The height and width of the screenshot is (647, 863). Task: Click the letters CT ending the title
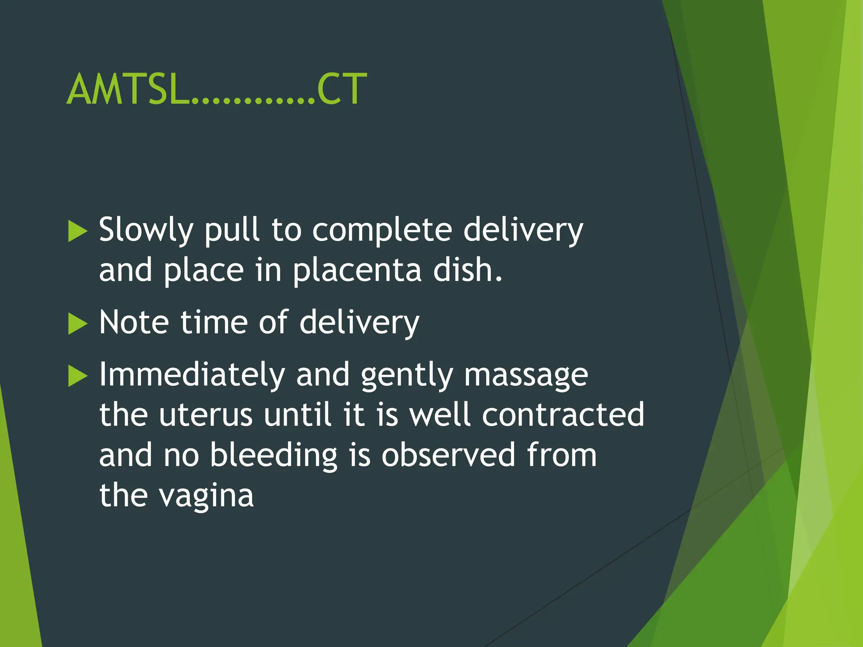click(341, 89)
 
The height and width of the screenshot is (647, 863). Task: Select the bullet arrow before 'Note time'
click(77, 324)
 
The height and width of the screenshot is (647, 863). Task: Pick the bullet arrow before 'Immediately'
click(77, 376)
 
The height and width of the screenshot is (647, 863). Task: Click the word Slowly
click(146, 231)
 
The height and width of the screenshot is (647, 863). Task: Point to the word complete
click(382, 231)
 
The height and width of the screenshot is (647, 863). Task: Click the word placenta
click(357, 270)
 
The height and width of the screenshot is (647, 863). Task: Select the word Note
click(134, 323)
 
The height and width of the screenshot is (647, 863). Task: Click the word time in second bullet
click(214, 323)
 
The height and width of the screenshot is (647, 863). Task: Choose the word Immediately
click(192, 375)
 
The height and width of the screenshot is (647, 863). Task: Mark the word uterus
click(205, 415)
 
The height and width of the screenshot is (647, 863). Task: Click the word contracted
click(563, 415)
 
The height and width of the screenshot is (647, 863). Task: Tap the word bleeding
click(273, 455)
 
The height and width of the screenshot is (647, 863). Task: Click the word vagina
click(206, 496)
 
